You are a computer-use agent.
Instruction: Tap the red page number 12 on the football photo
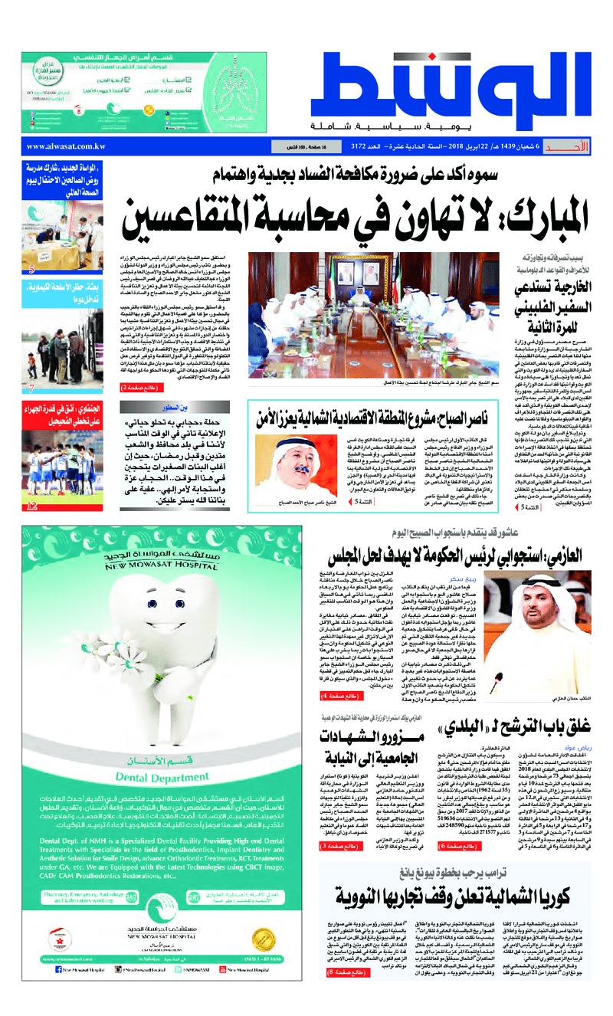(31, 506)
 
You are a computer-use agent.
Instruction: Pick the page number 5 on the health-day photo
(31, 269)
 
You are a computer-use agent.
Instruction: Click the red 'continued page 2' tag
(140, 388)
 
